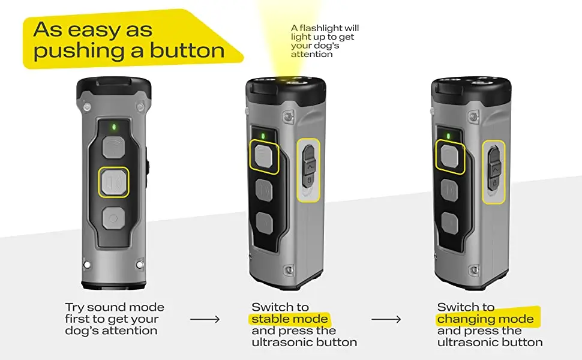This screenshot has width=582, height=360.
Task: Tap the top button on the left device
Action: [x=113, y=147]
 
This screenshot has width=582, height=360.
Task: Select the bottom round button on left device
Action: [x=113, y=217]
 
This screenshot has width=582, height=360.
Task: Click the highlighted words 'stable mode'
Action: [x=290, y=319]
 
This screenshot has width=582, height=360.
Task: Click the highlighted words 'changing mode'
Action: [x=485, y=319]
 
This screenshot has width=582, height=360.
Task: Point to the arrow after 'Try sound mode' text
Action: [x=205, y=319]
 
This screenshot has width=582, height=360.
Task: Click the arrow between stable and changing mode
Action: [x=386, y=319]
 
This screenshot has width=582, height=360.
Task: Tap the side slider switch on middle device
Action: [x=309, y=168]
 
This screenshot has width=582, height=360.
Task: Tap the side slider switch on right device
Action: [x=495, y=168]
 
